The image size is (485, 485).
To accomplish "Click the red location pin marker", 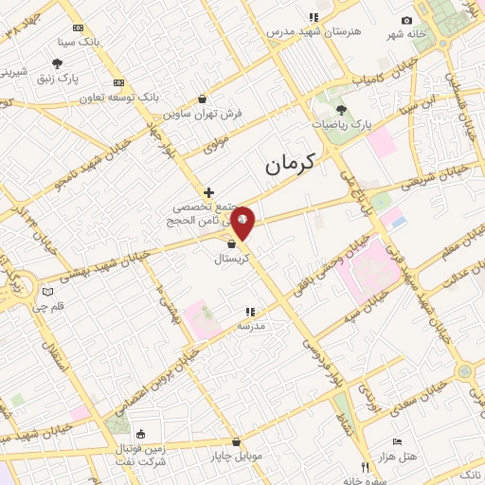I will [x=243, y=223].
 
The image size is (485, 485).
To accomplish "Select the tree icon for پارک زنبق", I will [x=58, y=63].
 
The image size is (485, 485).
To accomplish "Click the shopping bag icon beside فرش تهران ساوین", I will [x=202, y=99].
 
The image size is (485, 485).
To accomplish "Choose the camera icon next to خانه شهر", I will [x=407, y=21].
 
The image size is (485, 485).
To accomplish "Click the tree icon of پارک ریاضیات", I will [x=341, y=110].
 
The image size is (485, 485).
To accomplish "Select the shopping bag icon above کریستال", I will [x=232, y=243].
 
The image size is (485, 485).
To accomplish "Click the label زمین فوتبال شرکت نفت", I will [x=141, y=454].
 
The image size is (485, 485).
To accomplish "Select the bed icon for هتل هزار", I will [x=397, y=442].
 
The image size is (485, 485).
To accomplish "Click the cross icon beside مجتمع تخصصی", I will [x=209, y=192].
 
